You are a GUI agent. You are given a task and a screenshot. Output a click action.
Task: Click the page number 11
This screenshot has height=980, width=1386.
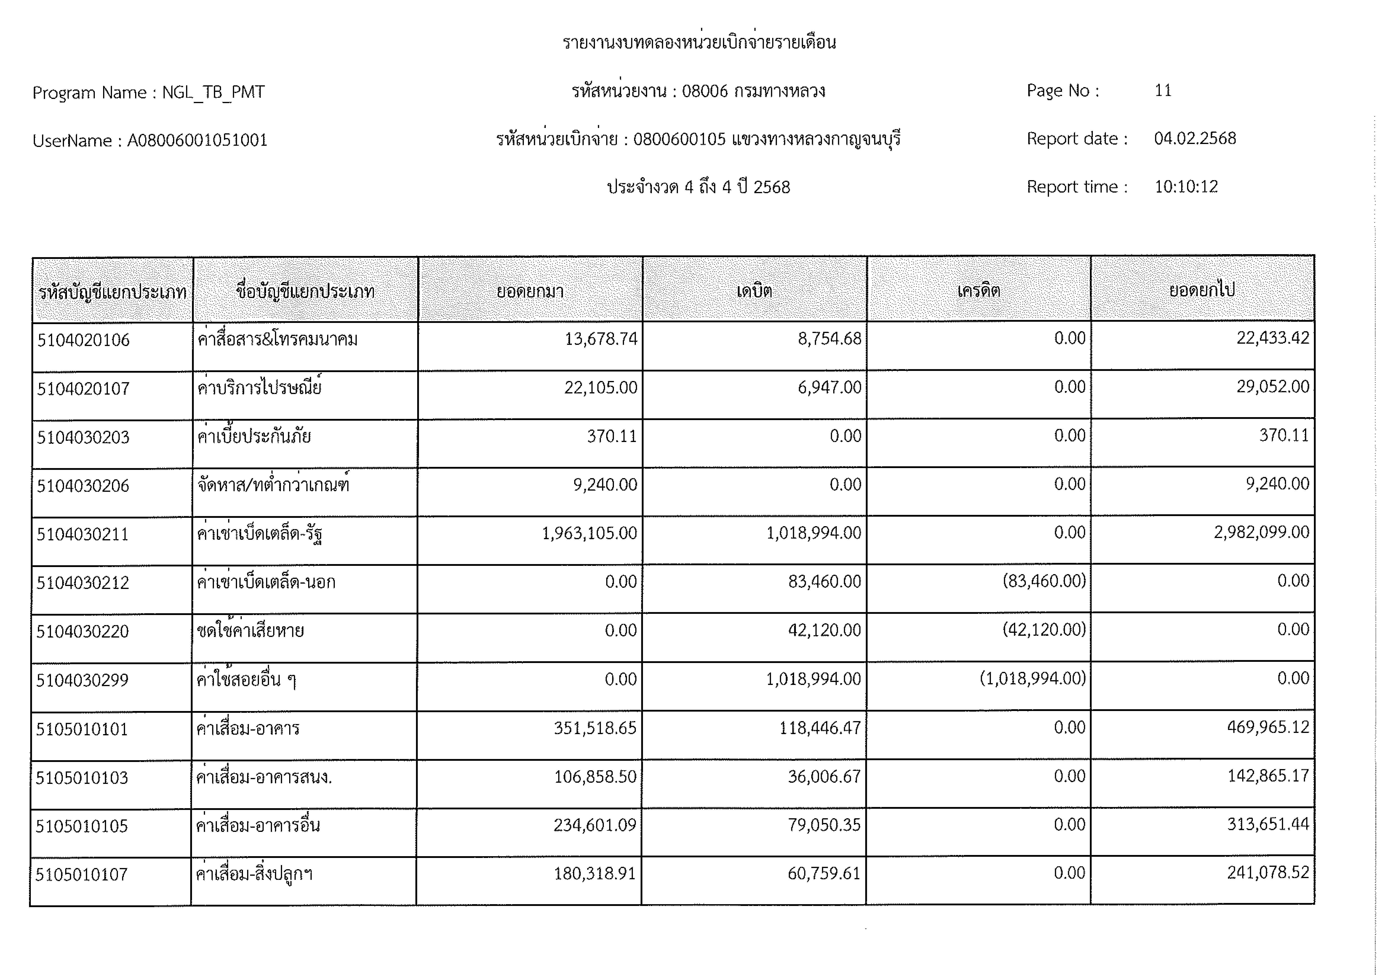pyautogui.click(x=1163, y=91)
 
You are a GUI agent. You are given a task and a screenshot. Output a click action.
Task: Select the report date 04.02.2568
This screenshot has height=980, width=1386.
pyautogui.click(x=1195, y=139)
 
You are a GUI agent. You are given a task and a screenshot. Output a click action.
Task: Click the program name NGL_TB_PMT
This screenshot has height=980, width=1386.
pyautogui.click(x=213, y=92)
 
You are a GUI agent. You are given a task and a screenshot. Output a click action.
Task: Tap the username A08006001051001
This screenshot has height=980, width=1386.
pyautogui.click(x=197, y=141)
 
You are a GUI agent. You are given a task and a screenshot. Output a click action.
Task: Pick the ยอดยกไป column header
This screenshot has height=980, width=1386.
pyautogui.click(x=1202, y=291)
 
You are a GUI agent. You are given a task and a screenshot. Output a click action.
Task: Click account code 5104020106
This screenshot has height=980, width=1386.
pyautogui.click(x=83, y=340)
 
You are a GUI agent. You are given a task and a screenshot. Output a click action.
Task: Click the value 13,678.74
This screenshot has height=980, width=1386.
pyautogui.click(x=601, y=339)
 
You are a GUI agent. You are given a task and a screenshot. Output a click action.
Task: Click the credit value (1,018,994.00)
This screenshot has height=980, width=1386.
pyautogui.click(x=1032, y=679)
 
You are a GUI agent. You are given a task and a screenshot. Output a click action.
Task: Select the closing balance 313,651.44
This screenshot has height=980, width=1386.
pyautogui.click(x=1268, y=824)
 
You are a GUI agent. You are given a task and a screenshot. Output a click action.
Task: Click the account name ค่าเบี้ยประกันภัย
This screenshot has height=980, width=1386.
pyautogui.click(x=254, y=436)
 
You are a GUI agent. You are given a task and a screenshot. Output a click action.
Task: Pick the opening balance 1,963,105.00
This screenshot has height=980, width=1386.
pyautogui.click(x=589, y=533)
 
